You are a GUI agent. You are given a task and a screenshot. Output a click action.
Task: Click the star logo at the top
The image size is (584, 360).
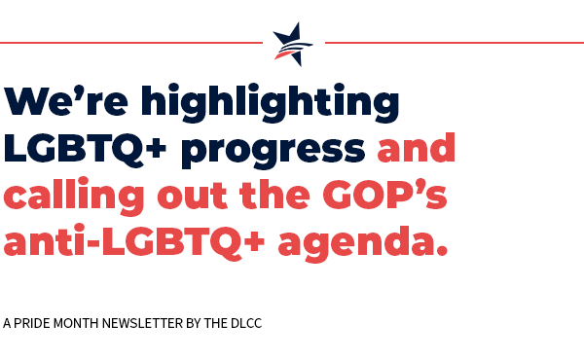[x=293, y=44]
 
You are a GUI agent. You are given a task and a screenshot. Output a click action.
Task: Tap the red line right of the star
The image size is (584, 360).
[x=453, y=43]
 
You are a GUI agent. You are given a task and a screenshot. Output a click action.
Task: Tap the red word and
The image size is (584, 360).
[x=417, y=148]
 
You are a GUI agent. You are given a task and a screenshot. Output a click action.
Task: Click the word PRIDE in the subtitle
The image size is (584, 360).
[x=34, y=322]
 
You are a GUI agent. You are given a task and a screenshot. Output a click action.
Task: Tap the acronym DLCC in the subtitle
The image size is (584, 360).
[x=247, y=322]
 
